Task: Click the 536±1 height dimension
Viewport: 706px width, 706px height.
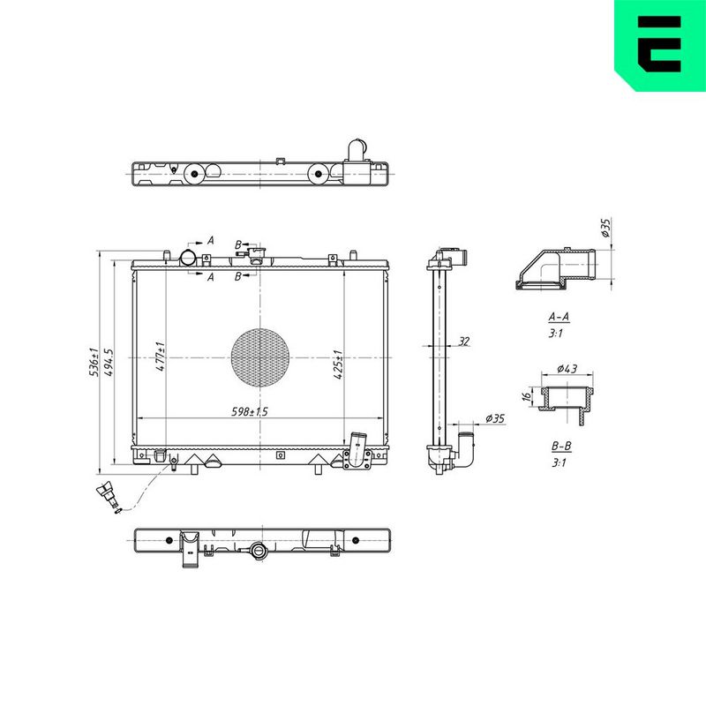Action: (x=94, y=363)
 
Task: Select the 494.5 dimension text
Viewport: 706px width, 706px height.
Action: (x=109, y=363)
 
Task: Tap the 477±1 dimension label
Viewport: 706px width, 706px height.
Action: (x=161, y=357)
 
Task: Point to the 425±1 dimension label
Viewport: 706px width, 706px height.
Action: (x=338, y=364)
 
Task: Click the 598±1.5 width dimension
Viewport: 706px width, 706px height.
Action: (x=250, y=411)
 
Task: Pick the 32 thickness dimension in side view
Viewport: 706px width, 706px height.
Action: (x=464, y=342)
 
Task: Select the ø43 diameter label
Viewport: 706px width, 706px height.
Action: (x=567, y=369)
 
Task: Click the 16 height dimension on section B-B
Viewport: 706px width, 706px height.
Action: (x=526, y=396)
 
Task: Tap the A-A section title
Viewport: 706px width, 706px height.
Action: (x=559, y=317)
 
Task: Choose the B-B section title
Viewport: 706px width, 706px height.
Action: (x=561, y=447)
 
